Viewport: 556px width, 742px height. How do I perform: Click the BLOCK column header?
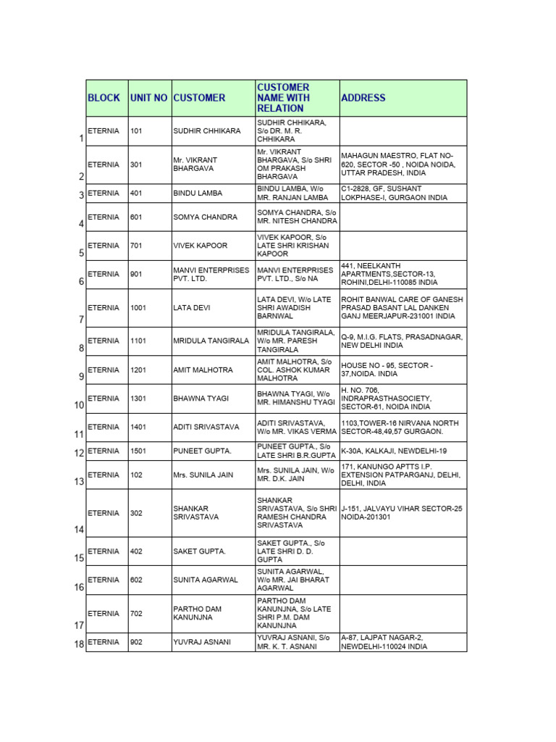click(104, 98)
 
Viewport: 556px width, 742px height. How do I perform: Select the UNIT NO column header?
click(149, 98)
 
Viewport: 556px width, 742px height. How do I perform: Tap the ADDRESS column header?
click(363, 98)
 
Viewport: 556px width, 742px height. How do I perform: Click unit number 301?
click(136, 164)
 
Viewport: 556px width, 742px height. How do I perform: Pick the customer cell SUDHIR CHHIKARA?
click(207, 131)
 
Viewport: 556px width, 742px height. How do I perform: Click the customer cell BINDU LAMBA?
click(197, 193)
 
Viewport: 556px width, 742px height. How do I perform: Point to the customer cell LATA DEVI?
click(192, 308)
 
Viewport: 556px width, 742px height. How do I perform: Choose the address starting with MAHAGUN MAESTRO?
click(398, 164)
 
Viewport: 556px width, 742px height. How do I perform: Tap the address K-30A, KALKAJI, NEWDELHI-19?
click(394, 451)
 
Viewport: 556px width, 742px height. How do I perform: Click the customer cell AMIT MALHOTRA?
click(203, 370)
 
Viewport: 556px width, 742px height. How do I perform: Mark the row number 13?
click(78, 482)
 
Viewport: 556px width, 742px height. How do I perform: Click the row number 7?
click(80, 320)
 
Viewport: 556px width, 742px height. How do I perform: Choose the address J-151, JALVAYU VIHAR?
click(401, 513)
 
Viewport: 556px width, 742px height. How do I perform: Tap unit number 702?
click(136, 614)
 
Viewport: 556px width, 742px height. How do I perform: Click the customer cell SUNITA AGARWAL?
click(206, 580)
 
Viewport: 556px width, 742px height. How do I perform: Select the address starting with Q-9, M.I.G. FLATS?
click(402, 341)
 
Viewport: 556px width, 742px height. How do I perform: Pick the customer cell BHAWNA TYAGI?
click(201, 399)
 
